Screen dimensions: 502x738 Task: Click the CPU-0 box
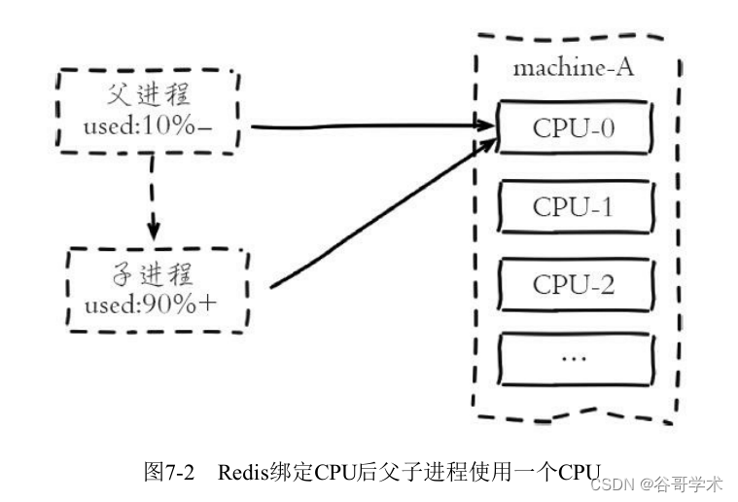tap(573, 128)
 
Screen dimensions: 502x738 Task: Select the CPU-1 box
tap(573, 207)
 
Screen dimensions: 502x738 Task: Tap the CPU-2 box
tap(573, 284)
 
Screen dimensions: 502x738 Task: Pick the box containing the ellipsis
tap(573, 358)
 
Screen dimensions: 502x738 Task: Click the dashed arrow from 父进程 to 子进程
tap(153, 199)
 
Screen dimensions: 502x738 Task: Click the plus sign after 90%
tap(207, 303)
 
